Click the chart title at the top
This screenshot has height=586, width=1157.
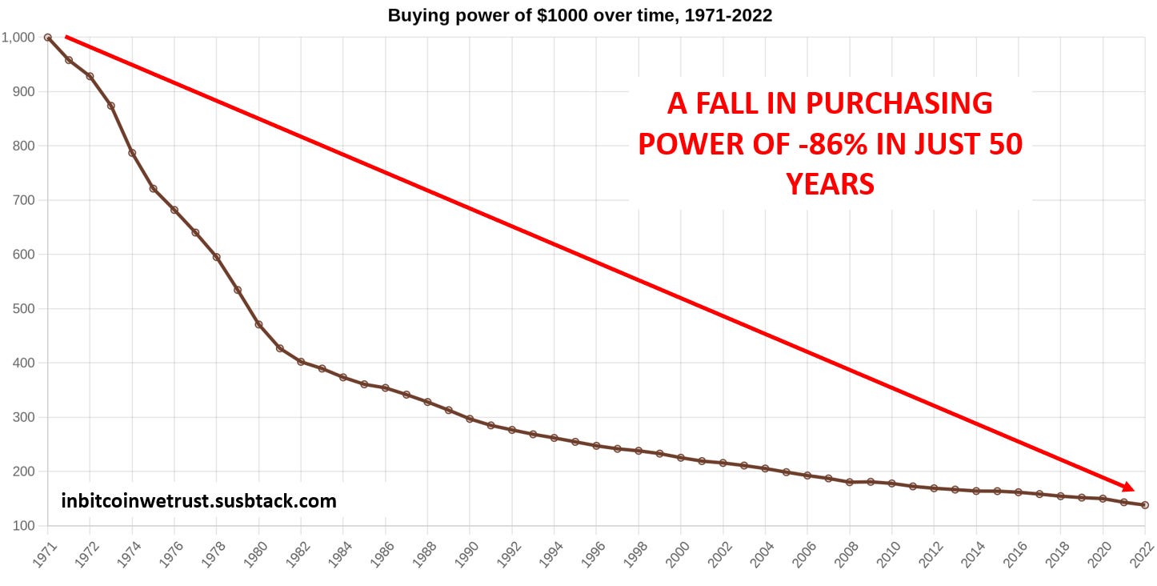click(579, 15)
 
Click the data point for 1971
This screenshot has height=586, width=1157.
click(48, 38)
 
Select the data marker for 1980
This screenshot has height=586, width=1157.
click(258, 324)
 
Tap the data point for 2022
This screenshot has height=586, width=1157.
click(1145, 505)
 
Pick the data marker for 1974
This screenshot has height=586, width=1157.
click(132, 153)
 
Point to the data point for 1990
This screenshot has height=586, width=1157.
click(470, 419)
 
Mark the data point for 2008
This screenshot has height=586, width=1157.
click(850, 482)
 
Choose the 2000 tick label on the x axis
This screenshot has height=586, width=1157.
click(677, 553)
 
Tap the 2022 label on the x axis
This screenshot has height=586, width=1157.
click(1141, 553)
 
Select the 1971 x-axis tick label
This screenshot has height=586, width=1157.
click(44, 553)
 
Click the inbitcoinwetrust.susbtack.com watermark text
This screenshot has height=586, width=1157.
click(198, 502)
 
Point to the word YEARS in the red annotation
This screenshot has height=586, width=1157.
click(830, 185)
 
